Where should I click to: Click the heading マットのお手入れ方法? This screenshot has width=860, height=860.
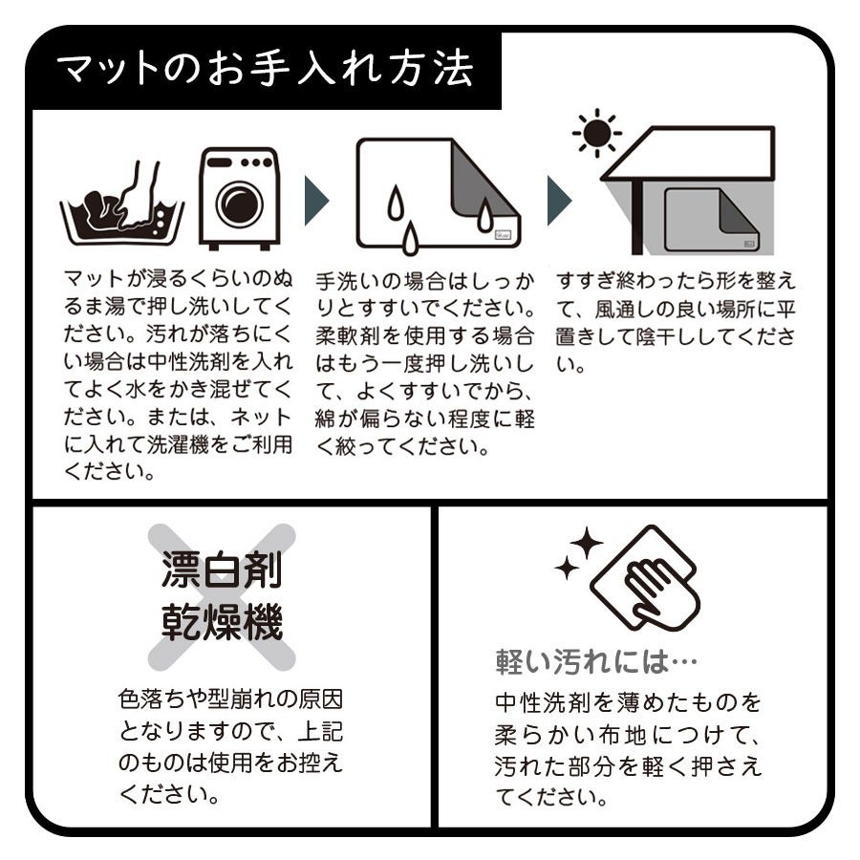(x=265, y=70)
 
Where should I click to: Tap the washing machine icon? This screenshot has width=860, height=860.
(x=239, y=199)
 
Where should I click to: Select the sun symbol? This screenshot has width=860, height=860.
(x=596, y=133)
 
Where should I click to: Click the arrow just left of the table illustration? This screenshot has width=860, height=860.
(x=559, y=201)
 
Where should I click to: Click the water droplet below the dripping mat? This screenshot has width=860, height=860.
(x=410, y=239)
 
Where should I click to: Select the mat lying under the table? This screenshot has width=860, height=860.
(x=711, y=220)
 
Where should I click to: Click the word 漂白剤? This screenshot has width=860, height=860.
(x=222, y=570)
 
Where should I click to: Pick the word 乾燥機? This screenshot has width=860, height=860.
(x=222, y=621)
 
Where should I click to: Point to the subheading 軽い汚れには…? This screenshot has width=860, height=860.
(x=596, y=662)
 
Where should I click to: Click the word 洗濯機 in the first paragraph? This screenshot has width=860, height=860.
(x=179, y=444)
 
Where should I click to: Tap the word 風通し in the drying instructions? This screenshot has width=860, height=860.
(x=626, y=310)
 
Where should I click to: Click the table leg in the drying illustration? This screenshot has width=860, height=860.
(x=636, y=218)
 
